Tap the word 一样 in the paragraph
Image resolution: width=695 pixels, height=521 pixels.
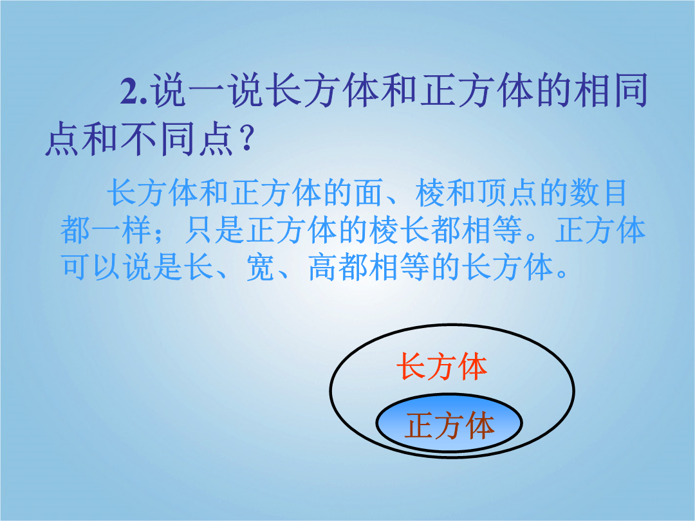pyautogui.click(x=122, y=231)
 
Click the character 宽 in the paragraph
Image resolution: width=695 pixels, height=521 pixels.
pyautogui.click(x=261, y=268)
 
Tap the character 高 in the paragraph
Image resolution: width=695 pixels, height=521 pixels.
pyautogui.click(x=323, y=268)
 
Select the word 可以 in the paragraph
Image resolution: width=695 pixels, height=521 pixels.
pyautogui.click(x=91, y=268)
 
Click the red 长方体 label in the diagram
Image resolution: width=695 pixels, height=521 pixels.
pyautogui.click(x=442, y=367)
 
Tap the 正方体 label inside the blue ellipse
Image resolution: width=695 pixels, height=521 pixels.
pyautogui.click(x=449, y=425)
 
